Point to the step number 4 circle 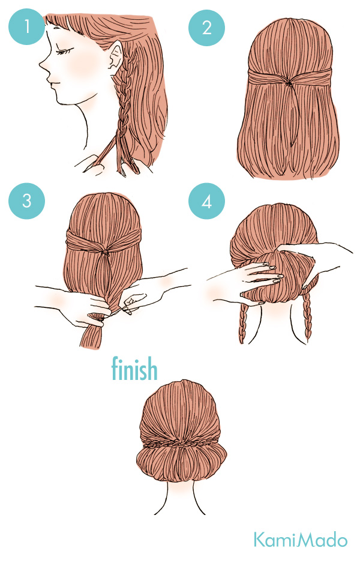coord(206,200)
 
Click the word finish coord(134,369)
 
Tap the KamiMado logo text coord(300,540)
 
